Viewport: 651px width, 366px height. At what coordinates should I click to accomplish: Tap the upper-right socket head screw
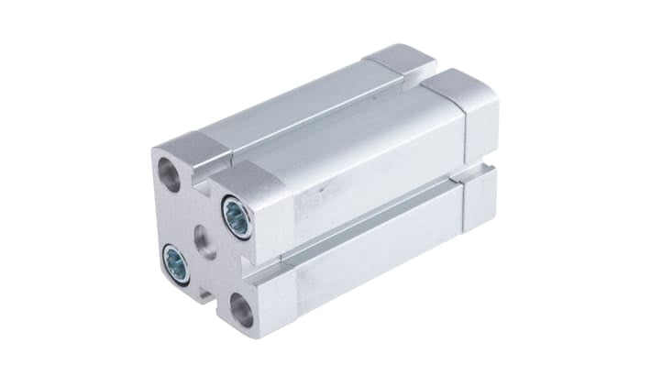237,217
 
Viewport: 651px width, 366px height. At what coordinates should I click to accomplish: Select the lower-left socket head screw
176,263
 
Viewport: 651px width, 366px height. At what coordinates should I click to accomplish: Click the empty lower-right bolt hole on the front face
242,309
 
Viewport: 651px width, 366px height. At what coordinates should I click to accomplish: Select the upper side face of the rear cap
480,128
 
